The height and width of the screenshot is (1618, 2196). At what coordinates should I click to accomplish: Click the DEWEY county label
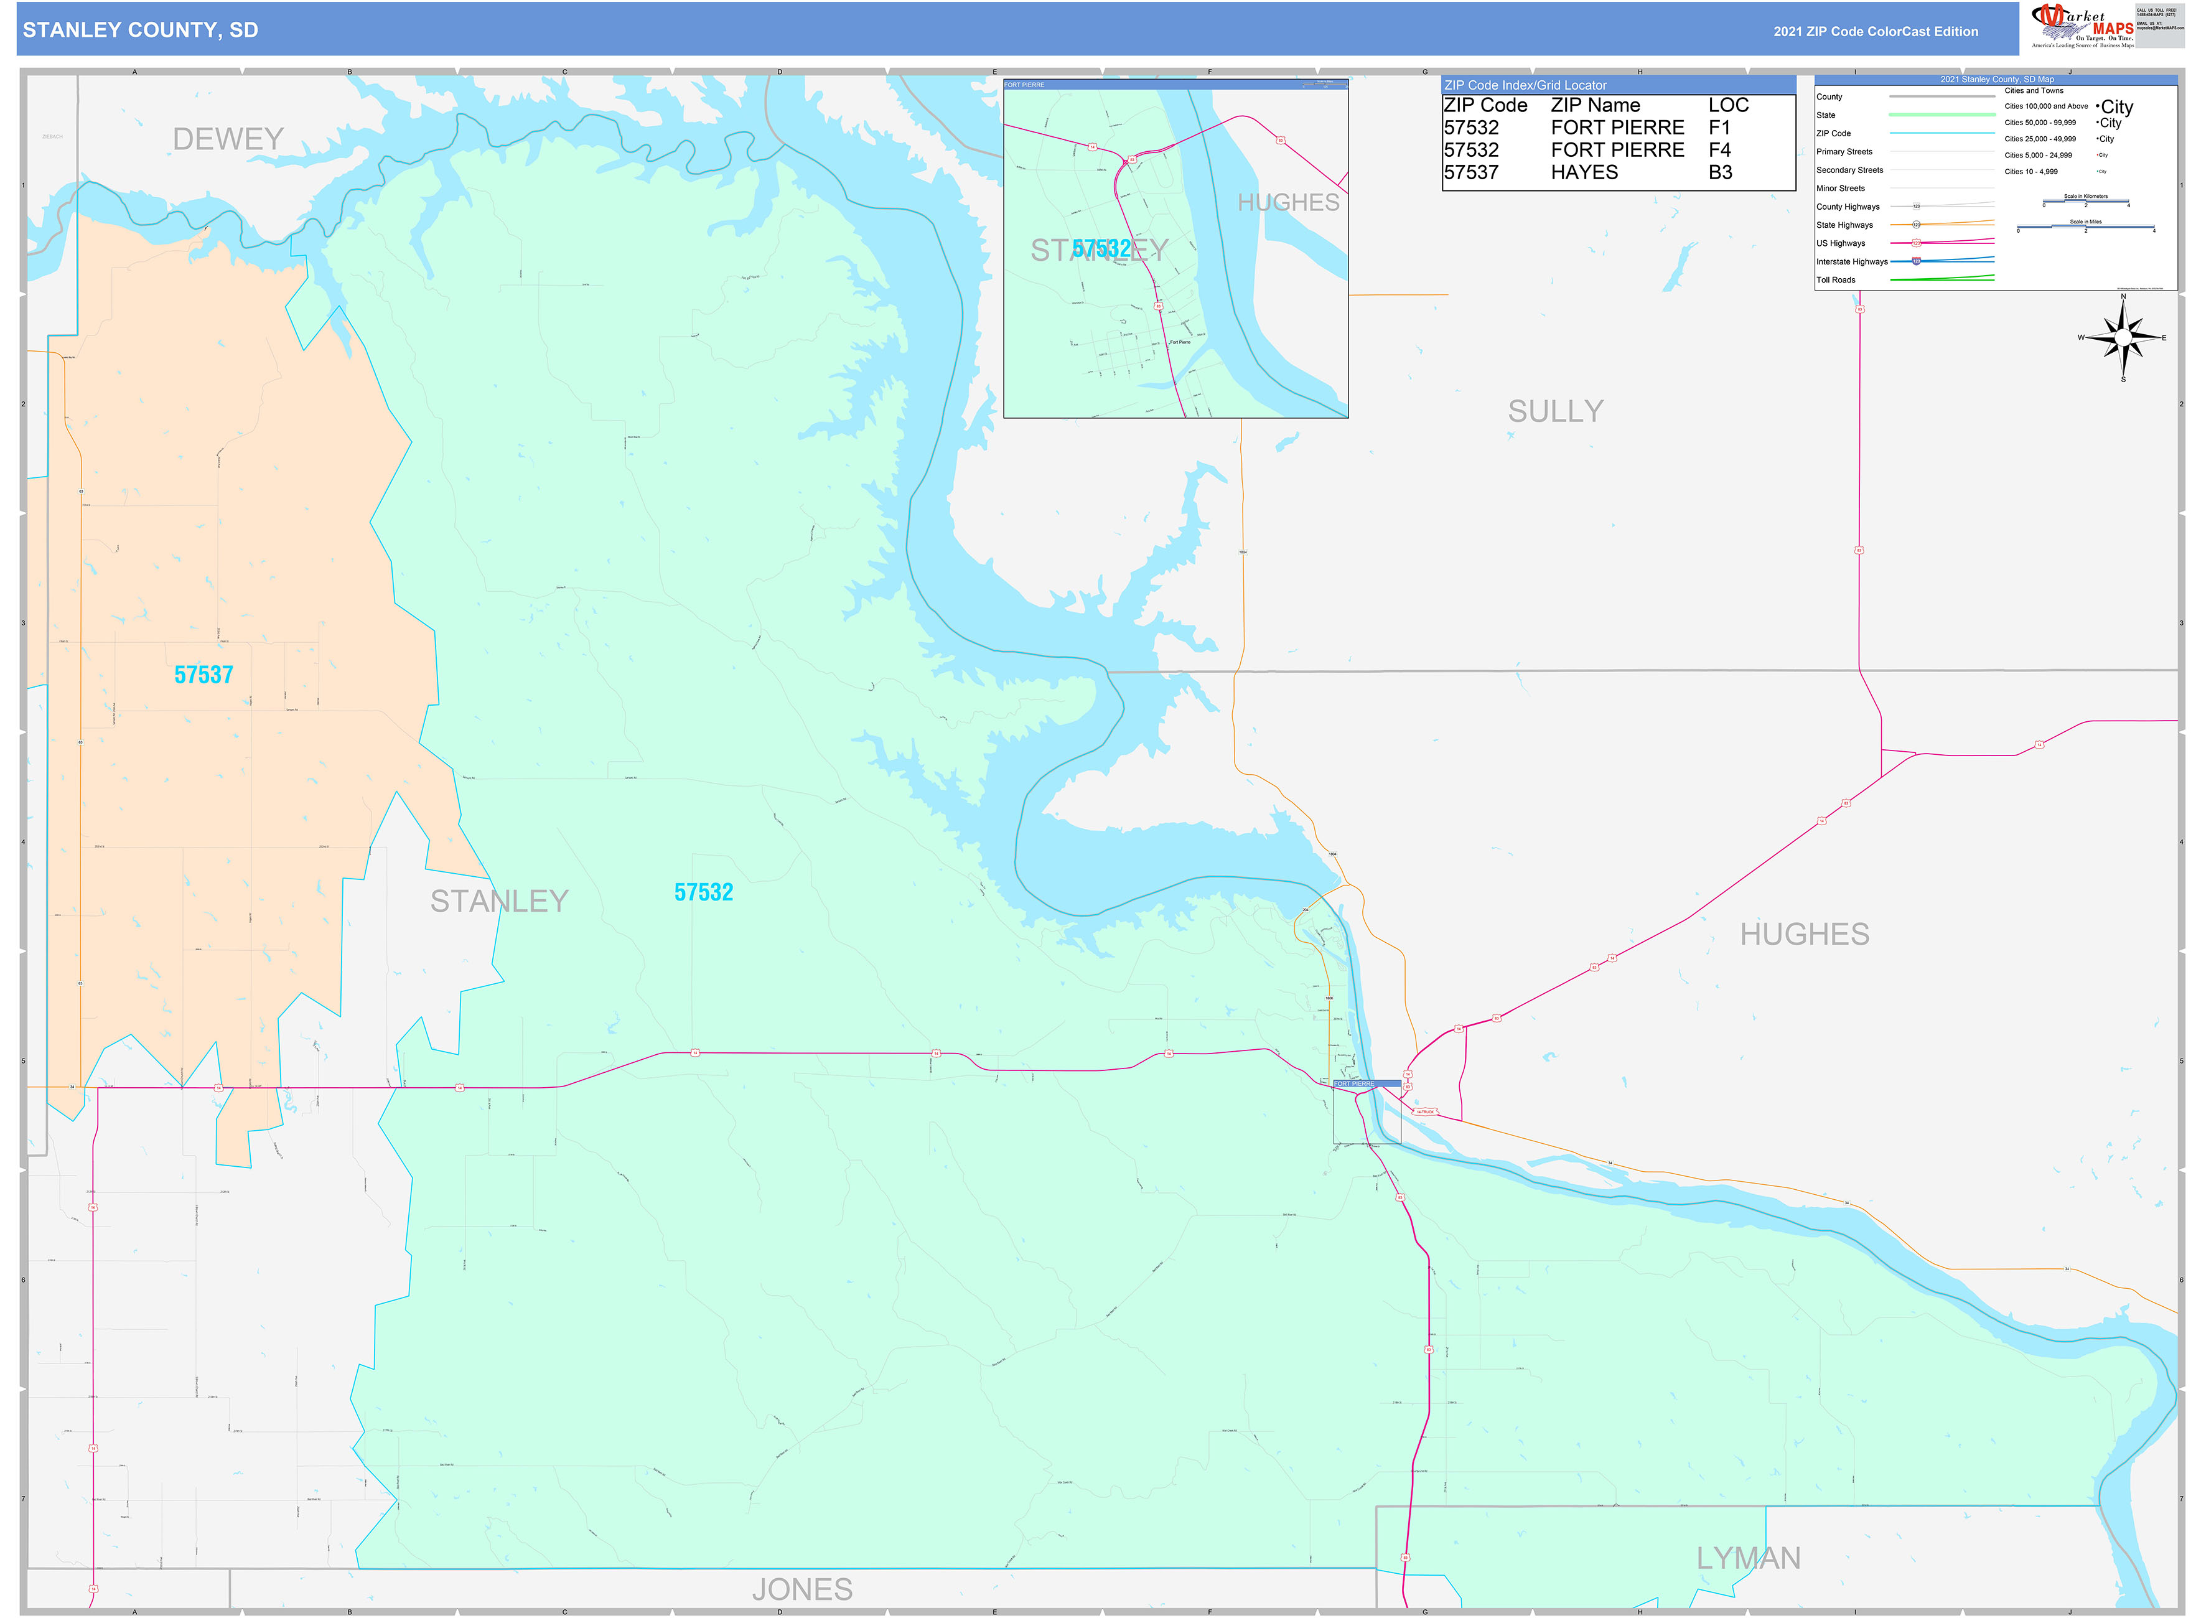(228, 139)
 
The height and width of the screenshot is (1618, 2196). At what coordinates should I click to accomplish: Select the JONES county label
(801, 1589)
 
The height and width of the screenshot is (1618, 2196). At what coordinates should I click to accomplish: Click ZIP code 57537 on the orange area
(203, 675)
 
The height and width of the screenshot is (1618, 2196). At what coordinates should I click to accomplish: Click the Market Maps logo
(2082, 26)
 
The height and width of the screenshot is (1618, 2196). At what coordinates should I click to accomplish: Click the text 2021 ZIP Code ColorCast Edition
(1875, 31)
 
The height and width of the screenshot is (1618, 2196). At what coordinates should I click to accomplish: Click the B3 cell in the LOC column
(1720, 172)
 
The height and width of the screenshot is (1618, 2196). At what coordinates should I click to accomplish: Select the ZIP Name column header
(1595, 105)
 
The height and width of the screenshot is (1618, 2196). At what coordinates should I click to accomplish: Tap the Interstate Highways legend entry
(1851, 261)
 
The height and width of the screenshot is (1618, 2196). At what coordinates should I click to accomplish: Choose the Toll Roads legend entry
(1836, 280)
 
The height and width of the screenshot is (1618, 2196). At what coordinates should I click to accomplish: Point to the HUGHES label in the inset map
(1288, 203)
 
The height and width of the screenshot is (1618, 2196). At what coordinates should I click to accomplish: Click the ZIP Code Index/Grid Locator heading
(1525, 85)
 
